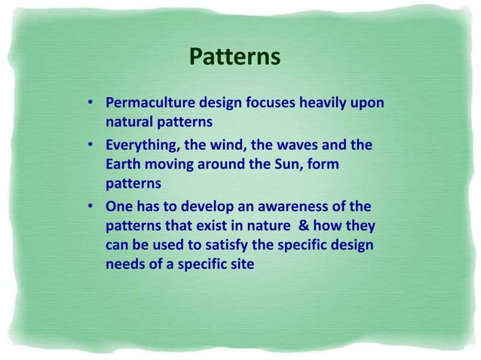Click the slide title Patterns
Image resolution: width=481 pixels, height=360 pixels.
(234, 57)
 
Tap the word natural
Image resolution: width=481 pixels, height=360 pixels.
(129, 121)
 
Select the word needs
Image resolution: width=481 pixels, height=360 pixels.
(124, 265)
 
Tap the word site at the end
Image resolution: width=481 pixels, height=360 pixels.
(241, 265)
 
